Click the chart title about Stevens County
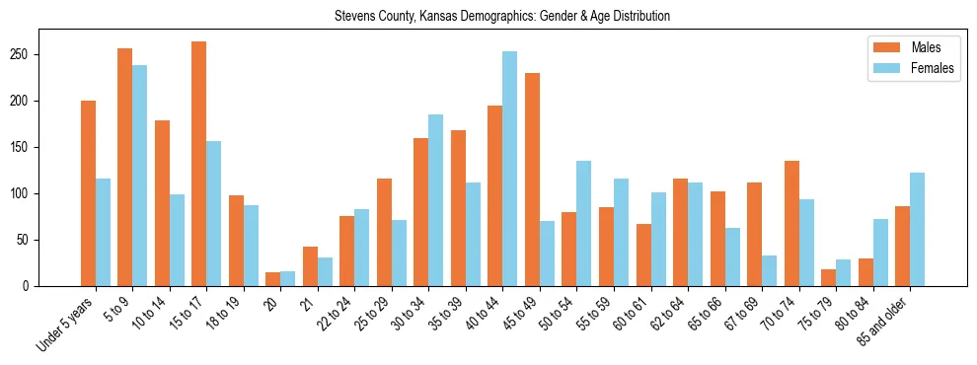pos(502,17)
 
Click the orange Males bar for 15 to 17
pos(199,164)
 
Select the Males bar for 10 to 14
pos(162,203)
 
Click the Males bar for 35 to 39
pos(458,208)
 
